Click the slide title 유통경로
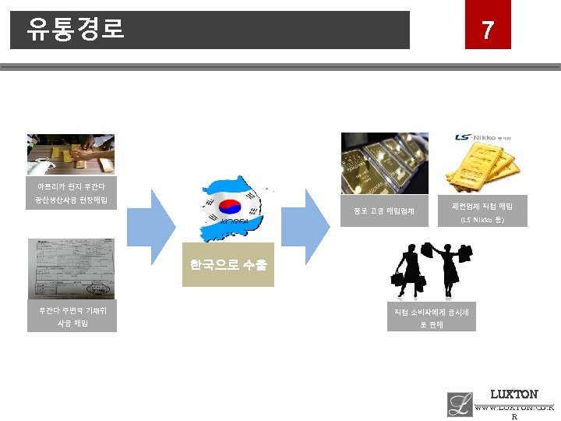tap(75, 30)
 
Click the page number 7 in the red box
tap(488, 30)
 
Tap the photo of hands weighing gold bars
tap(71, 153)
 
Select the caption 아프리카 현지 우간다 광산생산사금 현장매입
tap(71, 194)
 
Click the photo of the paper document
tap(71, 268)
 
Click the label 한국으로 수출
tap(228, 265)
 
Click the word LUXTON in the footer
tap(513, 394)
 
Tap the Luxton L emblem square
tap(460, 404)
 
